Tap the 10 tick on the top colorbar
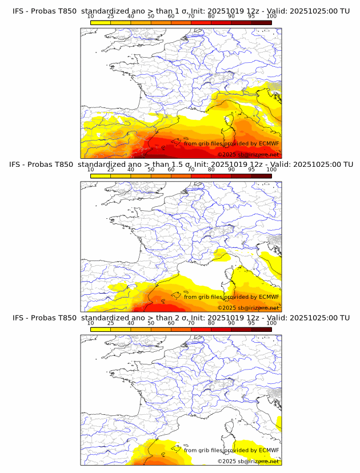[x=91, y=17]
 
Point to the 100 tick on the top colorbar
[x=271, y=17]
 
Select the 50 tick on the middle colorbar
[x=151, y=170]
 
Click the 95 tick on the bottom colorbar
[x=251, y=323]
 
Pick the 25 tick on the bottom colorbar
[x=111, y=323]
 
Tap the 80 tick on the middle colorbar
[x=211, y=170]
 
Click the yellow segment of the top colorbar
[x=101, y=22]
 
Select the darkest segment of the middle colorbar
[x=261, y=175]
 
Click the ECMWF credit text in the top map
[x=231, y=143]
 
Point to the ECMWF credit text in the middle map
[x=231, y=297]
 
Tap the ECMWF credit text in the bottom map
[x=231, y=450]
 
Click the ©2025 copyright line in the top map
[x=248, y=155]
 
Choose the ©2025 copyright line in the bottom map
[x=248, y=461]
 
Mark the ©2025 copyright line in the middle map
[x=248, y=308]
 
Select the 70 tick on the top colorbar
[x=191, y=17]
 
